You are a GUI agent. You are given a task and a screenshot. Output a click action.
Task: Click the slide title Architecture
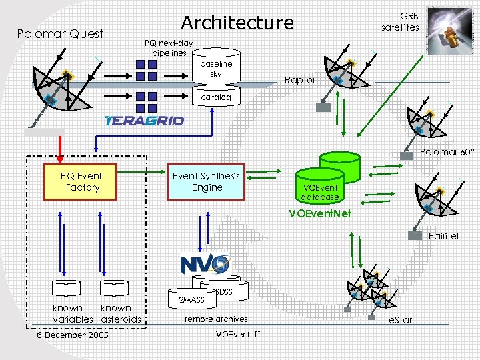[237, 23]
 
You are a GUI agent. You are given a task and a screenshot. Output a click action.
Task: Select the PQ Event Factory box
[80, 182]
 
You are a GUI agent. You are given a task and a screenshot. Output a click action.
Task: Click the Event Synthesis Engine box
[207, 182]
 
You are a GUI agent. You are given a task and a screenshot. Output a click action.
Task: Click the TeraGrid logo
[144, 121]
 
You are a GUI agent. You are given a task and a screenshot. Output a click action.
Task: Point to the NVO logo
[205, 264]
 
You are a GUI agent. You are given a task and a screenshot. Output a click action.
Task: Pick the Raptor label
[299, 80]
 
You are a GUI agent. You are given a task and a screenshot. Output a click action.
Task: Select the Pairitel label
[443, 236]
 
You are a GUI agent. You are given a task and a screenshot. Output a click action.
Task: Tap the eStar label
[399, 320]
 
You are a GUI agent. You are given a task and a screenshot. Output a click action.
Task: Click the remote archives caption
[215, 319]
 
